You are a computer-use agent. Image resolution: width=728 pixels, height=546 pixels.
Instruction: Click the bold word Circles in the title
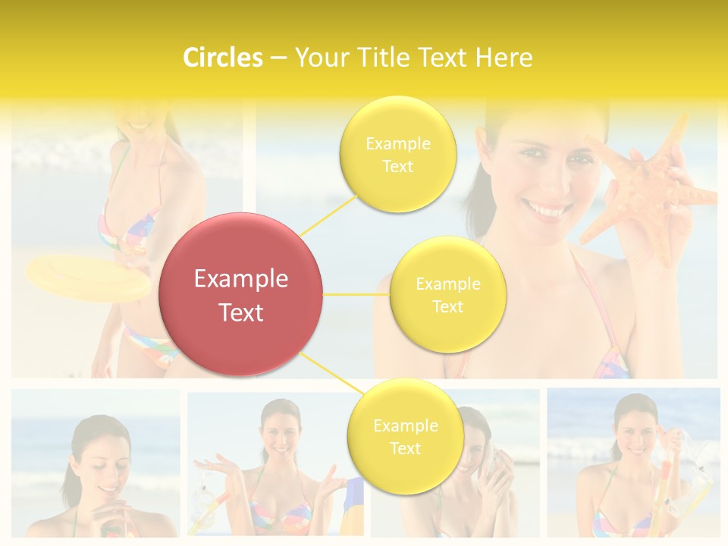tap(223, 58)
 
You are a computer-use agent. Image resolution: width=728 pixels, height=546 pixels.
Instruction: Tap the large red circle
tap(241, 294)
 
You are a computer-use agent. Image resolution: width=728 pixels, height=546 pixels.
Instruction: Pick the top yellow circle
tap(397, 154)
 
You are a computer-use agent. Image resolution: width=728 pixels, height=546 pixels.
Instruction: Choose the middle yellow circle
tap(447, 294)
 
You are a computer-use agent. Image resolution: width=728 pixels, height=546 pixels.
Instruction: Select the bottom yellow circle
tap(405, 436)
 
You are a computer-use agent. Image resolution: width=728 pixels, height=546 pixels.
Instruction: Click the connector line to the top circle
tap(328, 215)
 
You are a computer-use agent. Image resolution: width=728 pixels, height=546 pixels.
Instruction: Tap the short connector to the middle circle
tap(356, 293)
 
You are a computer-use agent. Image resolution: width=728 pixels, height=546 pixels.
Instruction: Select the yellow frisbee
tap(87, 278)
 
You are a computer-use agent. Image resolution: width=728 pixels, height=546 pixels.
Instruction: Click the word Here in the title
tap(504, 58)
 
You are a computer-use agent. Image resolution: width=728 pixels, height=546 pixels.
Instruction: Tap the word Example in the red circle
tap(241, 279)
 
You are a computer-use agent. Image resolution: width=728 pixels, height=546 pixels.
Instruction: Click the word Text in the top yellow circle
tap(397, 166)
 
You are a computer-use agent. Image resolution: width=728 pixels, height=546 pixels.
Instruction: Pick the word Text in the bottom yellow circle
tap(405, 448)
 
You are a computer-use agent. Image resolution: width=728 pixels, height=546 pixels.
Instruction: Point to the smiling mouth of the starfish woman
tap(545, 208)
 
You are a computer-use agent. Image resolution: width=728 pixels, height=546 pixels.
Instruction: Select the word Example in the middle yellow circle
tap(447, 284)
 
